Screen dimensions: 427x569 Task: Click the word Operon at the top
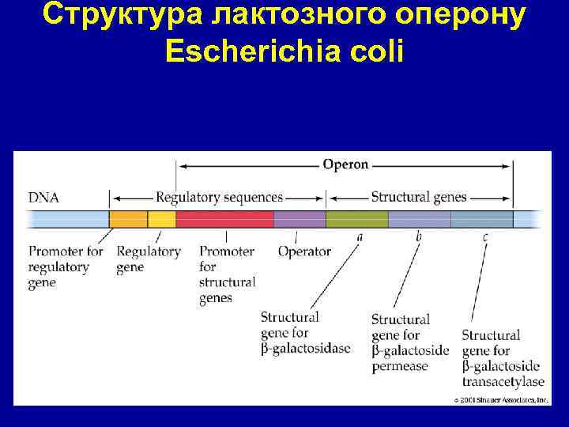[x=345, y=164]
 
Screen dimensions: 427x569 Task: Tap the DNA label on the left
[x=43, y=197]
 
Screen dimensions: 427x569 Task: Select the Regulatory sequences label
[x=219, y=197]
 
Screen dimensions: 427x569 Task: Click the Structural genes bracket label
[x=419, y=197]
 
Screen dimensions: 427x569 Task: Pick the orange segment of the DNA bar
[x=128, y=219]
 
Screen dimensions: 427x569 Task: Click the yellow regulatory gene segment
[x=162, y=219]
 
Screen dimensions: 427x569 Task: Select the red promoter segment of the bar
[x=224, y=219]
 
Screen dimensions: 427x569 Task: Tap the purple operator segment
[x=300, y=219]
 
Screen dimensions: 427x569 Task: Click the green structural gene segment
[x=356, y=219]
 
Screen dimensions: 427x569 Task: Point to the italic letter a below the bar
[x=360, y=236]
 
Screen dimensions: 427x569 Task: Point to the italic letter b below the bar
[x=418, y=236]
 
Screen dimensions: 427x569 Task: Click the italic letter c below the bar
[x=484, y=236]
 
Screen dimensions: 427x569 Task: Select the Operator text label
[x=304, y=251]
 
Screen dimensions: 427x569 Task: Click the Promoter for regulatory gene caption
[x=66, y=266]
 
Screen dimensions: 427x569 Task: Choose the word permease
[x=399, y=366]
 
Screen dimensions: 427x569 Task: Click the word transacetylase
[x=503, y=381]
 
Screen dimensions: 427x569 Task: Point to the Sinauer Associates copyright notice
[x=500, y=400]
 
